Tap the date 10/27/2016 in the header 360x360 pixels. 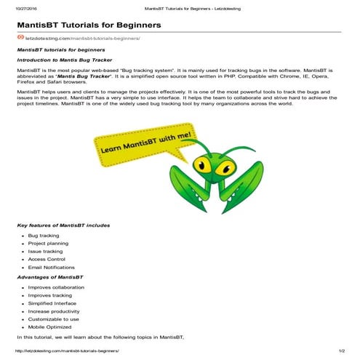pos(26,8)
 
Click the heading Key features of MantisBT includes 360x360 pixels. pos(63,225)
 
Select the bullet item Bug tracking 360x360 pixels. pos(44,236)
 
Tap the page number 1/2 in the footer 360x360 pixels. pos(340,351)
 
